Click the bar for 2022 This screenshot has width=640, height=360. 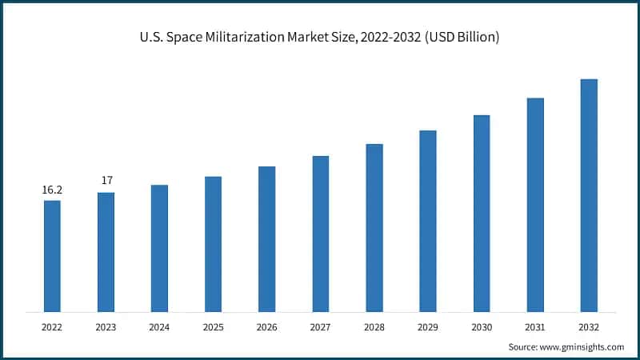tap(52, 256)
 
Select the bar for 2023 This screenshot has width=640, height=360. tap(106, 252)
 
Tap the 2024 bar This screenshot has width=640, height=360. tap(159, 248)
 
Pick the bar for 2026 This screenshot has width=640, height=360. tap(266, 239)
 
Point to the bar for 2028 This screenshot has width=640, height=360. tap(374, 228)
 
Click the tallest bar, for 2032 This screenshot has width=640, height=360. tap(589, 195)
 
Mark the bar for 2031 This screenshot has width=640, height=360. tap(535, 205)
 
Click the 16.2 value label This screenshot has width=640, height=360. tap(52, 190)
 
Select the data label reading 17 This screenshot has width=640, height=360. tap(106, 181)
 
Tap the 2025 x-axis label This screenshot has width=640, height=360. tap(213, 326)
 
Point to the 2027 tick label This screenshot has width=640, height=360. tap(320, 326)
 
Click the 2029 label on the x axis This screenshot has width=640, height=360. tap(428, 326)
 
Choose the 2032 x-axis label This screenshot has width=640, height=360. tap(589, 326)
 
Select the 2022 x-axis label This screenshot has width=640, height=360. tap(52, 326)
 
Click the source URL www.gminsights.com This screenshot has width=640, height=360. tap(582, 347)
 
